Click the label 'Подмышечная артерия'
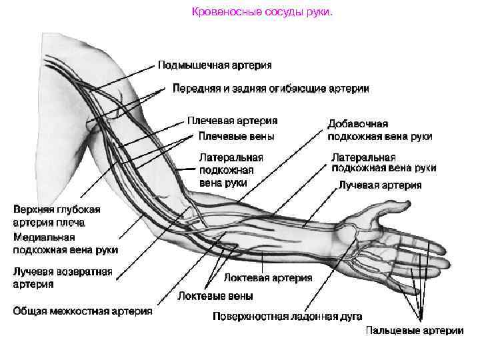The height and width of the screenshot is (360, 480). tap(215, 65)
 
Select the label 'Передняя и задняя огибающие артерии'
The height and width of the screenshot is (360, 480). tap(271, 88)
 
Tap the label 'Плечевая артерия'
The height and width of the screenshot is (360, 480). tap(232, 121)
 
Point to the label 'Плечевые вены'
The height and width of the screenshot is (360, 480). tap(237, 136)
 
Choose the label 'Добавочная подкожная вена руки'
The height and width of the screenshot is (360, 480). tap(379, 130)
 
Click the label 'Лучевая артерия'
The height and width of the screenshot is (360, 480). tap(380, 185)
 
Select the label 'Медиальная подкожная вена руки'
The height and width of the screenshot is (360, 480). tap(65, 243)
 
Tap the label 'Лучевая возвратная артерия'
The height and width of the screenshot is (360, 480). tap(63, 278)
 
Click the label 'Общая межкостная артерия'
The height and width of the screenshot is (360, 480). tap(83, 311)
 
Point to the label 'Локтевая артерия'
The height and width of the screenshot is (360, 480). tap(267, 277)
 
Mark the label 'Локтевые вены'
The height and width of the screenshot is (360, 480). tap(215, 295)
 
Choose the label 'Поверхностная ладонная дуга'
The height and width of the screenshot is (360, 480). tap(287, 317)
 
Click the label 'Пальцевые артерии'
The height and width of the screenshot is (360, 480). tap(414, 330)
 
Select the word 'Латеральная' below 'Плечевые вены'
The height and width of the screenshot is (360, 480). tap(231, 157)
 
